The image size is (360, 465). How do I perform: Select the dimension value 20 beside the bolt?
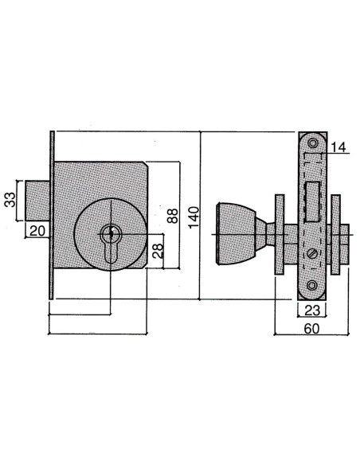[x=36, y=230]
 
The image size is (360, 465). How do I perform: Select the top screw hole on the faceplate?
[x=312, y=143]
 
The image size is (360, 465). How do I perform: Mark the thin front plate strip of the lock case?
[x=51, y=215]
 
